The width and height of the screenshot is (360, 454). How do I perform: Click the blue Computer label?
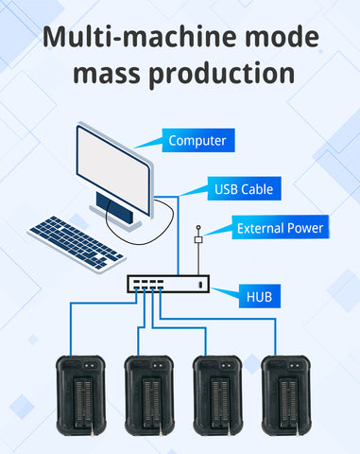[198, 140]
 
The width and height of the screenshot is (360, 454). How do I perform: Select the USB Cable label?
[244, 188]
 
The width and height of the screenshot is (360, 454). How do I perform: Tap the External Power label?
[281, 227]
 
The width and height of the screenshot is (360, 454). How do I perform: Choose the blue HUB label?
[260, 296]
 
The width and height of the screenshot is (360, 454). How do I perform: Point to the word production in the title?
[222, 74]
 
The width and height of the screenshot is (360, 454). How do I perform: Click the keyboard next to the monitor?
[77, 243]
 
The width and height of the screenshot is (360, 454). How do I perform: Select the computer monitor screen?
[113, 169]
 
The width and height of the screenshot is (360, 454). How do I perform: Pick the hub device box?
[168, 284]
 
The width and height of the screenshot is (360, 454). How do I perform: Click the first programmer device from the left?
[81, 395]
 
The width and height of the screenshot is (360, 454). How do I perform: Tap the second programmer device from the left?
[149, 395]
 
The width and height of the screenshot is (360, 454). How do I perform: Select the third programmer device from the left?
[217, 395]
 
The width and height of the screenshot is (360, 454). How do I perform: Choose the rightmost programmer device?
[286, 395]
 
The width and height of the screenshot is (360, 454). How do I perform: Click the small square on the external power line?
[198, 240]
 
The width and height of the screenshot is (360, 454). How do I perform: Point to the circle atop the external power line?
[198, 227]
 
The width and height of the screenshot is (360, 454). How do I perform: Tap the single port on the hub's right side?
[200, 285]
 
